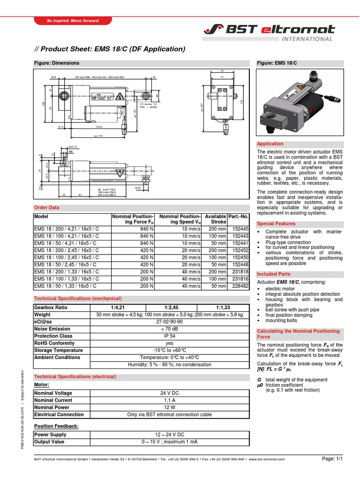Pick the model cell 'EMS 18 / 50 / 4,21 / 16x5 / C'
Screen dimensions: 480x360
coord(65,243)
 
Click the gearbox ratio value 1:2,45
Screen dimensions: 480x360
coord(169,307)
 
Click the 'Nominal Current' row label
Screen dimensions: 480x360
coord(53,400)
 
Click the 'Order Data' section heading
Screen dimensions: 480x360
coord(47,207)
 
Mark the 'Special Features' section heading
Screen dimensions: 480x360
coord(276,224)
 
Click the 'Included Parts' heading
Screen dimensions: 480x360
coord(274,274)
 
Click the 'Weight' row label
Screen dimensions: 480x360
coord(42,315)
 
